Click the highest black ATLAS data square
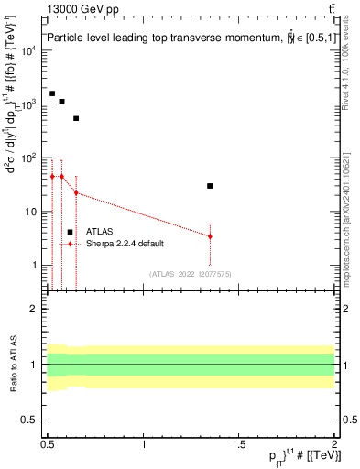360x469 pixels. coord(52,93)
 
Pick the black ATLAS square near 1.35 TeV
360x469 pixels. coord(210,186)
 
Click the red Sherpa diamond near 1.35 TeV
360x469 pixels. coord(210,236)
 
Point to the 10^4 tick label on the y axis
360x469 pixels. coord(29,50)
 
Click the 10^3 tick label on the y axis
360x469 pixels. coord(29,104)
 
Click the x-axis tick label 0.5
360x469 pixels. coord(48,443)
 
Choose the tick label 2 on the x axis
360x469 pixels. coord(334,443)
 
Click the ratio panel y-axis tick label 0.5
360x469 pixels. coord(32,420)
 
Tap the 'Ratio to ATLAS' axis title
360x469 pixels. coord(11,365)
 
